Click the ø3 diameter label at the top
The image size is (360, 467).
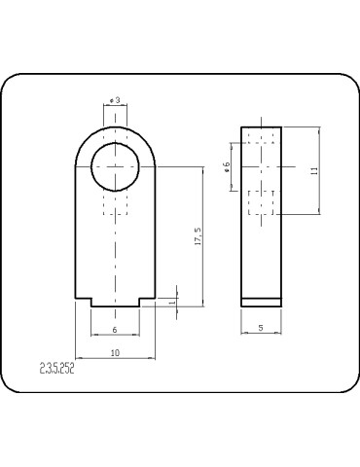tap(115, 100)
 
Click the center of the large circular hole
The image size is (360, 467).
tap(116, 166)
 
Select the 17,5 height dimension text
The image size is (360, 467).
tap(198, 236)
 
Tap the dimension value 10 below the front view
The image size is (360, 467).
tap(115, 352)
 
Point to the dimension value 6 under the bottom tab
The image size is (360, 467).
tap(115, 330)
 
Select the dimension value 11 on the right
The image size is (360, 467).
tap(312, 170)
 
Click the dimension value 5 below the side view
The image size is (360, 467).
tap(262, 329)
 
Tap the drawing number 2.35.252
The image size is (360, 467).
tap(57, 369)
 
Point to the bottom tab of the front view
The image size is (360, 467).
tap(115, 303)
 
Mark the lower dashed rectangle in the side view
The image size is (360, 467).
tap(262, 204)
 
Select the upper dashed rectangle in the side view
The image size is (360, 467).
tap(262, 138)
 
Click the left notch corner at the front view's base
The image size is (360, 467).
tap(91, 299)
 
